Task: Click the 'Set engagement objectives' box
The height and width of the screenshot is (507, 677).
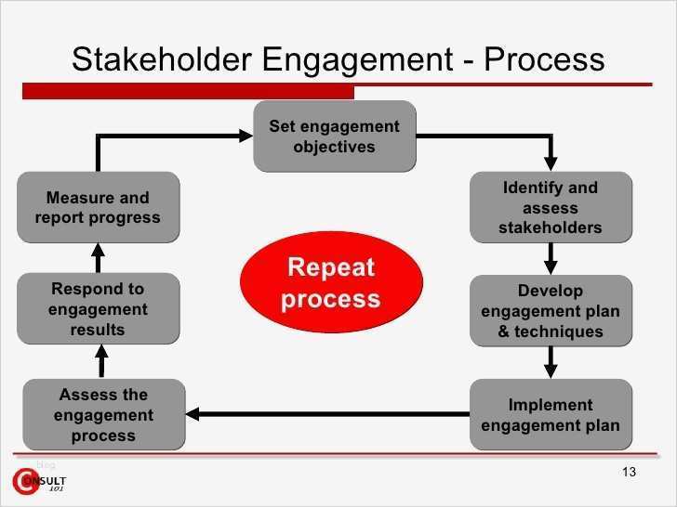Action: pyautogui.click(x=334, y=136)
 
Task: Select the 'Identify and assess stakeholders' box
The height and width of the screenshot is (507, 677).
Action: pyautogui.click(x=551, y=207)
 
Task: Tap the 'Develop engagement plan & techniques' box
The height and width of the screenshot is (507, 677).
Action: pyautogui.click(x=551, y=310)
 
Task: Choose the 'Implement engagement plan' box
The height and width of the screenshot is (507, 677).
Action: pyautogui.click(x=551, y=415)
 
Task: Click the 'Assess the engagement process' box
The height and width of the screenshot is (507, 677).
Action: pyautogui.click(x=103, y=415)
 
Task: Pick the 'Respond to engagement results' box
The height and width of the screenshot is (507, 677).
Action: pyautogui.click(x=98, y=310)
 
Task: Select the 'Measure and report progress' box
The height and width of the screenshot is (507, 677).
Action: pyautogui.click(x=98, y=207)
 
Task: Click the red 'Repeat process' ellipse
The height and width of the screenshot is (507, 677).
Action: pyautogui.click(x=331, y=283)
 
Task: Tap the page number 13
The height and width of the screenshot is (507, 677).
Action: pyautogui.click(x=628, y=474)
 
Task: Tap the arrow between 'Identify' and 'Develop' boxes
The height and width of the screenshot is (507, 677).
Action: pyautogui.click(x=551, y=258)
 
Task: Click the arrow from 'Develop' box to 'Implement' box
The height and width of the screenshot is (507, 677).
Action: pyautogui.click(x=551, y=362)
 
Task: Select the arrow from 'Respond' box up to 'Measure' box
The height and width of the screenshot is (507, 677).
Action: pyautogui.click(x=98, y=257)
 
